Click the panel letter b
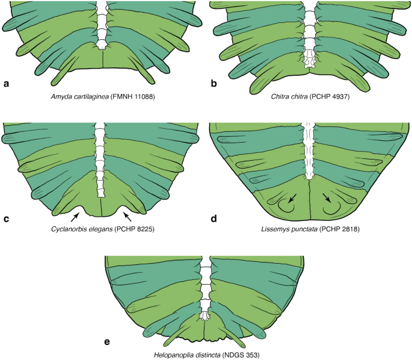coord(214,84)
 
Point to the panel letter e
coord(107,343)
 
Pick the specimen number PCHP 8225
coord(142,231)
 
